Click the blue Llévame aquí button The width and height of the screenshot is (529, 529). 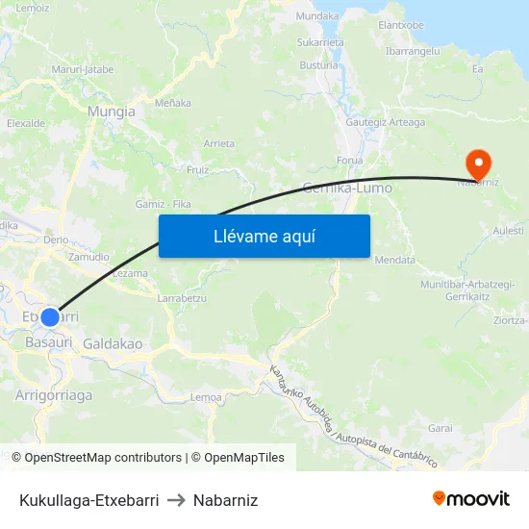click(264, 236)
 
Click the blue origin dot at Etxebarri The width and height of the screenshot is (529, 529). click(50, 316)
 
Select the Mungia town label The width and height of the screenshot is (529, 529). click(111, 112)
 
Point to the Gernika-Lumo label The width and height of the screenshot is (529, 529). click(347, 189)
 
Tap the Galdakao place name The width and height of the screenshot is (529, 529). click(113, 343)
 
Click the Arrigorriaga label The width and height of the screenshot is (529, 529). click(54, 394)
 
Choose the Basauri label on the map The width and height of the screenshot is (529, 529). click(48, 341)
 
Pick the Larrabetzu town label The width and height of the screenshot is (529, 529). click(181, 298)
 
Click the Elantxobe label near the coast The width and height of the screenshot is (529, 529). click(401, 25)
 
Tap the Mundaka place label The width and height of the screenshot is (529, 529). click(318, 16)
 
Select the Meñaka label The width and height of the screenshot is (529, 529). click(173, 103)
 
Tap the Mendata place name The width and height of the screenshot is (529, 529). click(394, 260)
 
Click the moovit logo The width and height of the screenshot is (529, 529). click(471, 499)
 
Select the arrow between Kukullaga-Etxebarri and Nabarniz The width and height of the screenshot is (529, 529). click(176, 500)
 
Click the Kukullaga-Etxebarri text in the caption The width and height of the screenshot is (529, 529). click(88, 500)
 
